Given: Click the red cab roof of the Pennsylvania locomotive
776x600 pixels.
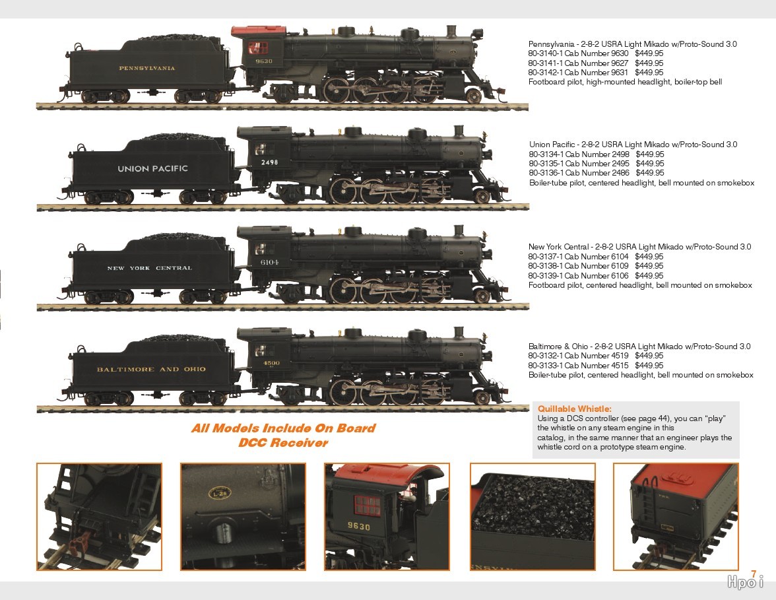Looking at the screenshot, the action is (x=259, y=30).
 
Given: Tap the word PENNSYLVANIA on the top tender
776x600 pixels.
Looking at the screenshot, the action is (x=147, y=69).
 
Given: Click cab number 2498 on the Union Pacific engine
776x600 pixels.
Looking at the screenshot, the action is (x=270, y=162).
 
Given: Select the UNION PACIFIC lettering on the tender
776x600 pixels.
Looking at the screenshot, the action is (x=153, y=168).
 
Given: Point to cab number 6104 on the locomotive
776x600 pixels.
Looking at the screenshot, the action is (x=270, y=263).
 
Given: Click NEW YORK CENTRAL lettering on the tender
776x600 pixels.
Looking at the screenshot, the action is (x=149, y=268).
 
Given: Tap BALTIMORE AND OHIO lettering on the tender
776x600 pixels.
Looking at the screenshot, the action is (x=151, y=370).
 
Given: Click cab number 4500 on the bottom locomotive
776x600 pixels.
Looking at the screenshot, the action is (x=271, y=363).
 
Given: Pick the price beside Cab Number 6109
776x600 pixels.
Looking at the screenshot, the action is (x=649, y=266).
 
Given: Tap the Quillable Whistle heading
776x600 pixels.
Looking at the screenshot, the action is (x=575, y=409).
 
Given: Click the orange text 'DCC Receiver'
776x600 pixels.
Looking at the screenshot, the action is (x=283, y=442).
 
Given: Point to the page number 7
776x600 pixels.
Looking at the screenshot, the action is (x=754, y=574).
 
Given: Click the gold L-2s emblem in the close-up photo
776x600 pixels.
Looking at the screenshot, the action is (x=219, y=493).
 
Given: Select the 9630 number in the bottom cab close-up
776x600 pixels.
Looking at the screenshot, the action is (x=358, y=526).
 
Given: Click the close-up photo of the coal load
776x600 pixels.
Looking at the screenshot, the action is (x=533, y=516).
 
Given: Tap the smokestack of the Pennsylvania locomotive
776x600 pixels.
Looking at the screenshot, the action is (x=451, y=30).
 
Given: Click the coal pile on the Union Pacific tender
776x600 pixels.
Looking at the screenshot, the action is (x=177, y=137).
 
